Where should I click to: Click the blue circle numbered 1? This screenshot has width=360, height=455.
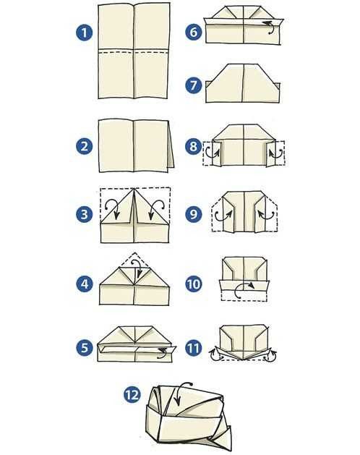tap(85, 33)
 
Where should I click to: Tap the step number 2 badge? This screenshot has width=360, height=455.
tap(85, 146)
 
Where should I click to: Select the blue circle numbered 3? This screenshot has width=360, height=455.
tap(85, 214)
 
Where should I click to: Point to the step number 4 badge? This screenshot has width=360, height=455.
tap(85, 284)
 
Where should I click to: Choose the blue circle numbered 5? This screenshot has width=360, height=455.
tap(85, 347)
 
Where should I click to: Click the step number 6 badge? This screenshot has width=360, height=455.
tap(194, 32)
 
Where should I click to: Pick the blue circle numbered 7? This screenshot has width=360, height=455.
tap(194, 85)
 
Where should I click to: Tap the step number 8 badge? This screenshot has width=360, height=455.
tap(194, 146)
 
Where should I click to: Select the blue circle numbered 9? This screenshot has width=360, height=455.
tap(194, 214)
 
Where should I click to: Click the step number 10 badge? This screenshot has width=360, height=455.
tap(194, 284)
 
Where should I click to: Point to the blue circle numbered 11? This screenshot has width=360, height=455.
tap(194, 347)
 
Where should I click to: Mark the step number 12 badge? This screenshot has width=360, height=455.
tap(132, 395)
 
